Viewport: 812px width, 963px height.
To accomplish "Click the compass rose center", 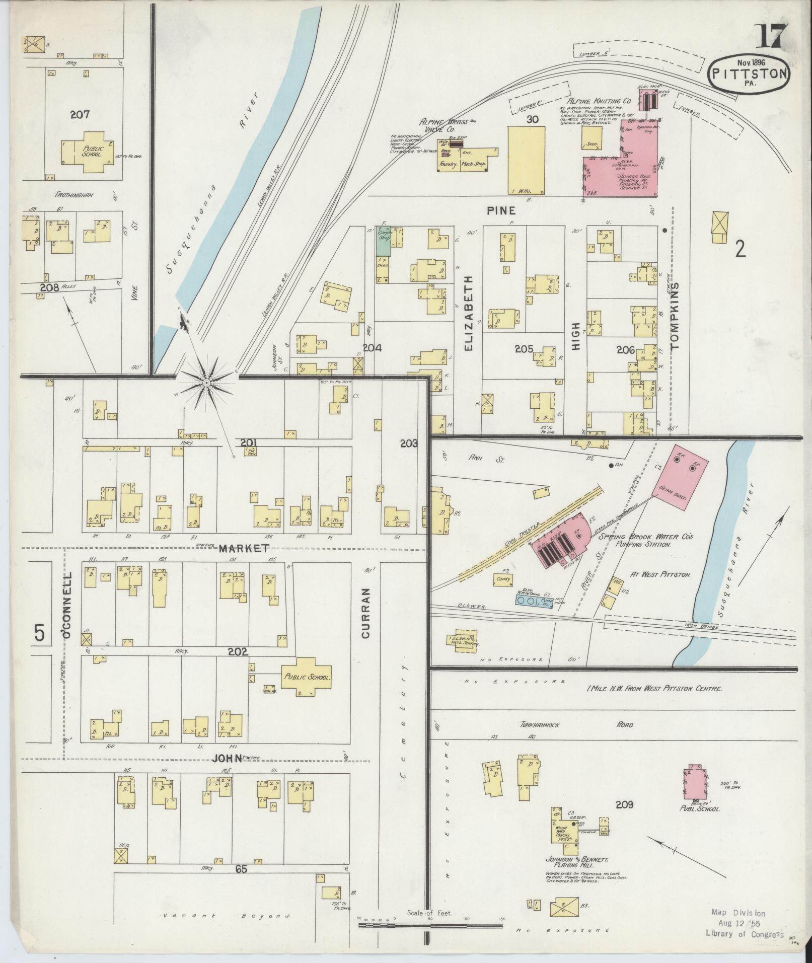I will coord(206,384).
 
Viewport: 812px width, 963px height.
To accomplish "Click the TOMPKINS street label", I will coord(675,315).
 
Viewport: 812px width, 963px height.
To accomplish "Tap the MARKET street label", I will coord(244,548).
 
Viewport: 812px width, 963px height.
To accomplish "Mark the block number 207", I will coord(80,114).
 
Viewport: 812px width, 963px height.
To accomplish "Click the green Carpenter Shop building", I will coord(384,242).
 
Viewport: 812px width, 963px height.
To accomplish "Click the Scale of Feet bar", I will coord(430,925).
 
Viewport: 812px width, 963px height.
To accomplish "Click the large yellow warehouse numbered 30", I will coord(526,160).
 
